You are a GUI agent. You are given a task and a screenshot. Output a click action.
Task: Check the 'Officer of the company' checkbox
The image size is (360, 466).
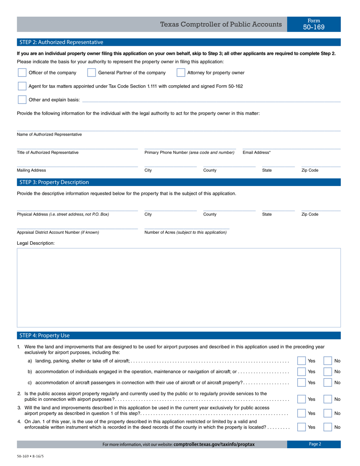[22, 73]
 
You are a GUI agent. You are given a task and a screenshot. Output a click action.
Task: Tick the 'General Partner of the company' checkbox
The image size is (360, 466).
[91, 73]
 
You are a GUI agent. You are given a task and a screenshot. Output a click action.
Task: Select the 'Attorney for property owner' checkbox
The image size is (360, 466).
[181, 73]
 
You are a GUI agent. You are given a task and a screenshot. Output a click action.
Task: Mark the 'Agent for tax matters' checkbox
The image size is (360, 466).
[22, 86]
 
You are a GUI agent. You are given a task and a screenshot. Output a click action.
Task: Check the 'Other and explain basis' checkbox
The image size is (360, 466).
[22, 100]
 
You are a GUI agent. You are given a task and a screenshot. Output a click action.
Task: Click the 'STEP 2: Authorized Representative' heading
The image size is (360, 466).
[61, 42]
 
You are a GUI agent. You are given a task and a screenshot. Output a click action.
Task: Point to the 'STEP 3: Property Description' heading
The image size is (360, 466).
[54, 182]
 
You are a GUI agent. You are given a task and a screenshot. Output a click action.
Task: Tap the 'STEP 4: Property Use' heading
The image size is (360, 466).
[44, 335]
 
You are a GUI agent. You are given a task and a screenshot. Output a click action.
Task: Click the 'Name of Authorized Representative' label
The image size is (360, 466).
[49, 134]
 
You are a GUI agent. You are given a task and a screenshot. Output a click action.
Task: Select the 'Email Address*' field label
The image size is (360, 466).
[257, 153]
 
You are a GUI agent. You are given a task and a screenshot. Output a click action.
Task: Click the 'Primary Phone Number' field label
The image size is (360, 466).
[189, 153]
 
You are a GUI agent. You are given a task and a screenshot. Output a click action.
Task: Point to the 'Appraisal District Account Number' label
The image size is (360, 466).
[58, 232]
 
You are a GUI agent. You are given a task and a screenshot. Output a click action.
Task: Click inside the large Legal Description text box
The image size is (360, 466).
[179, 288]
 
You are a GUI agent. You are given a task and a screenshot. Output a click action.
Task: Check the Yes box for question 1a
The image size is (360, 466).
[301, 361]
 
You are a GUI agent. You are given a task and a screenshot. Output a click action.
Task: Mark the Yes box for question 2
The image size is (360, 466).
[301, 399]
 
